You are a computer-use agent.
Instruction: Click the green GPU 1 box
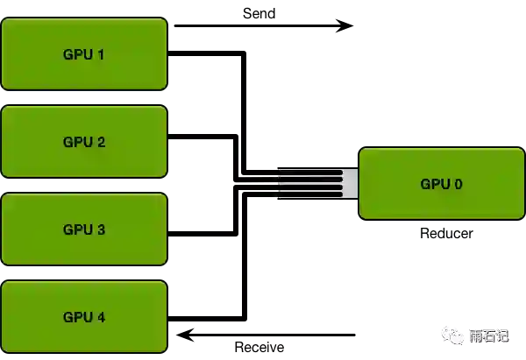pyautogui.click(x=83, y=53)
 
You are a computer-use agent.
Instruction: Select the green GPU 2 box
pyautogui.click(x=83, y=141)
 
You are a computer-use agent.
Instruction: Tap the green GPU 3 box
pyautogui.click(x=83, y=229)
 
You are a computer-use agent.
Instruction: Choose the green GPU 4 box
pyautogui.click(x=83, y=316)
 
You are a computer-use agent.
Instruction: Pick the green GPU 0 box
pyautogui.click(x=441, y=183)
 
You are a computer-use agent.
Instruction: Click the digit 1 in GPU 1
pyautogui.click(x=101, y=54)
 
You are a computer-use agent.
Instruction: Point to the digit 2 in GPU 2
pyautogui.click(x=101, y=142)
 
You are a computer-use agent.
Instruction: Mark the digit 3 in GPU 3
pyautogui.click(x=101, y=229)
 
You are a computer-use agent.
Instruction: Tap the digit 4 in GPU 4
pyautogui.click(x=101, y=317)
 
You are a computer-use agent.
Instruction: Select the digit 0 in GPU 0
pyautogui.click(x=458, y=184)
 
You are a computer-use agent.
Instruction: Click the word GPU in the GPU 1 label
pyautogui.click(x=76, y=54)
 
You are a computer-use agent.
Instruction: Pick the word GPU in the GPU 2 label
pyautogui.click(x=76, y=142)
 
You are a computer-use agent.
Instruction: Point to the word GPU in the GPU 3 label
pyautogui.click(x=76, y=229)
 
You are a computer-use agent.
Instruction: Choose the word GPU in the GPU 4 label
pyautogui.click(x=76, y=317)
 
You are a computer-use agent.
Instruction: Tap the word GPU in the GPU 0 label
pyautogui.click(x=434, y=184)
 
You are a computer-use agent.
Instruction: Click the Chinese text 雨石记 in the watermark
pyautogui.click(x=488, y=336)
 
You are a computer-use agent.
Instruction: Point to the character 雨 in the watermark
pyautogui.click(x=476, y=336)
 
